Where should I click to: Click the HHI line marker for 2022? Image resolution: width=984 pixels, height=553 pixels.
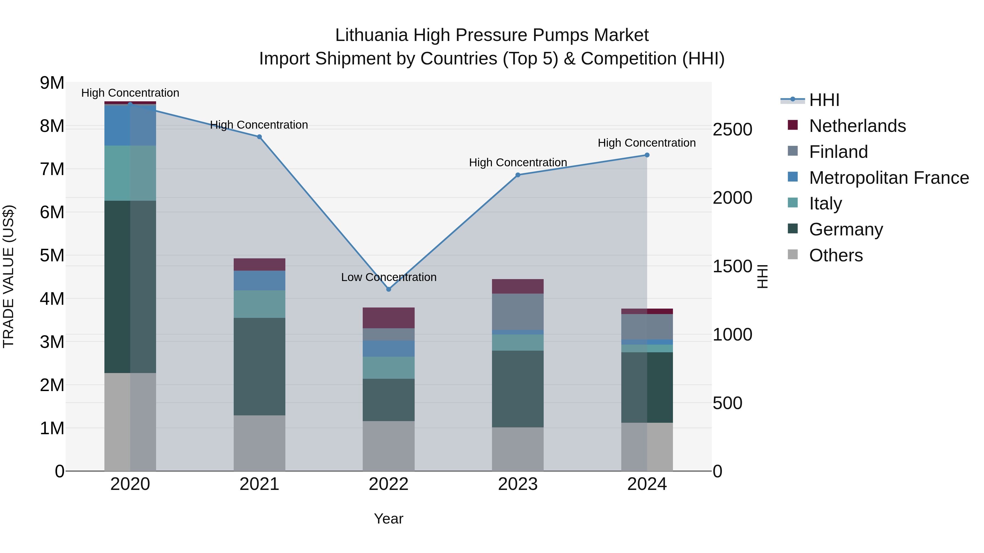[x=388, y=289]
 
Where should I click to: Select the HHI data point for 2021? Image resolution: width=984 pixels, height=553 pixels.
[x=259, y=137]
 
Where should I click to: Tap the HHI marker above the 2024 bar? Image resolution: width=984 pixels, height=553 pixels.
[x=647, y=155]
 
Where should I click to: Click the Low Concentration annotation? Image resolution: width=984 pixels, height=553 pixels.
[x=388, y=277]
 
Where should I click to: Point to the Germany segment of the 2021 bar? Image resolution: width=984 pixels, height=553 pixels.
[x=259, y=366]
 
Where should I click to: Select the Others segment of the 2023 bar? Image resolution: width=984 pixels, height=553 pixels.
[x=518, y=449]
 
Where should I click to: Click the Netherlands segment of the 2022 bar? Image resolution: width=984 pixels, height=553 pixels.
[x=388, y=318]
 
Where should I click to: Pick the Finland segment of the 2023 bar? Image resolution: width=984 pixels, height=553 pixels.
[x=518, y=311]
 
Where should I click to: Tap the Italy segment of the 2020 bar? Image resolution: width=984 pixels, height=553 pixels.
[x=130, y=173]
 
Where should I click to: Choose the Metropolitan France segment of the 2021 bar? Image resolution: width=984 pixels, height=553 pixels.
[x=259, y=280]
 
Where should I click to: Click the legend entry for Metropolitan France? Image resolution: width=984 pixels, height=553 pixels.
[x=889, y=178]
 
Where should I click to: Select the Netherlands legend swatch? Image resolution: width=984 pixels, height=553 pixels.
[x=793, y=125]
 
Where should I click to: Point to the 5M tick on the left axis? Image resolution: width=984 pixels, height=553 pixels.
[x=52, y=255]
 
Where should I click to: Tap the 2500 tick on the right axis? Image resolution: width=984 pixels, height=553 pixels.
[x=732, y=129]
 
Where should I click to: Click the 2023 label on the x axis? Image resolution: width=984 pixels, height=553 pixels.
[x=518, y=484]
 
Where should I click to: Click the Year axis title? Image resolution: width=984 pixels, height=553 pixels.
[x=388, y=519]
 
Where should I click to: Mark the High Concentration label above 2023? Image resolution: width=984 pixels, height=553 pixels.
[x=518, y=162]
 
